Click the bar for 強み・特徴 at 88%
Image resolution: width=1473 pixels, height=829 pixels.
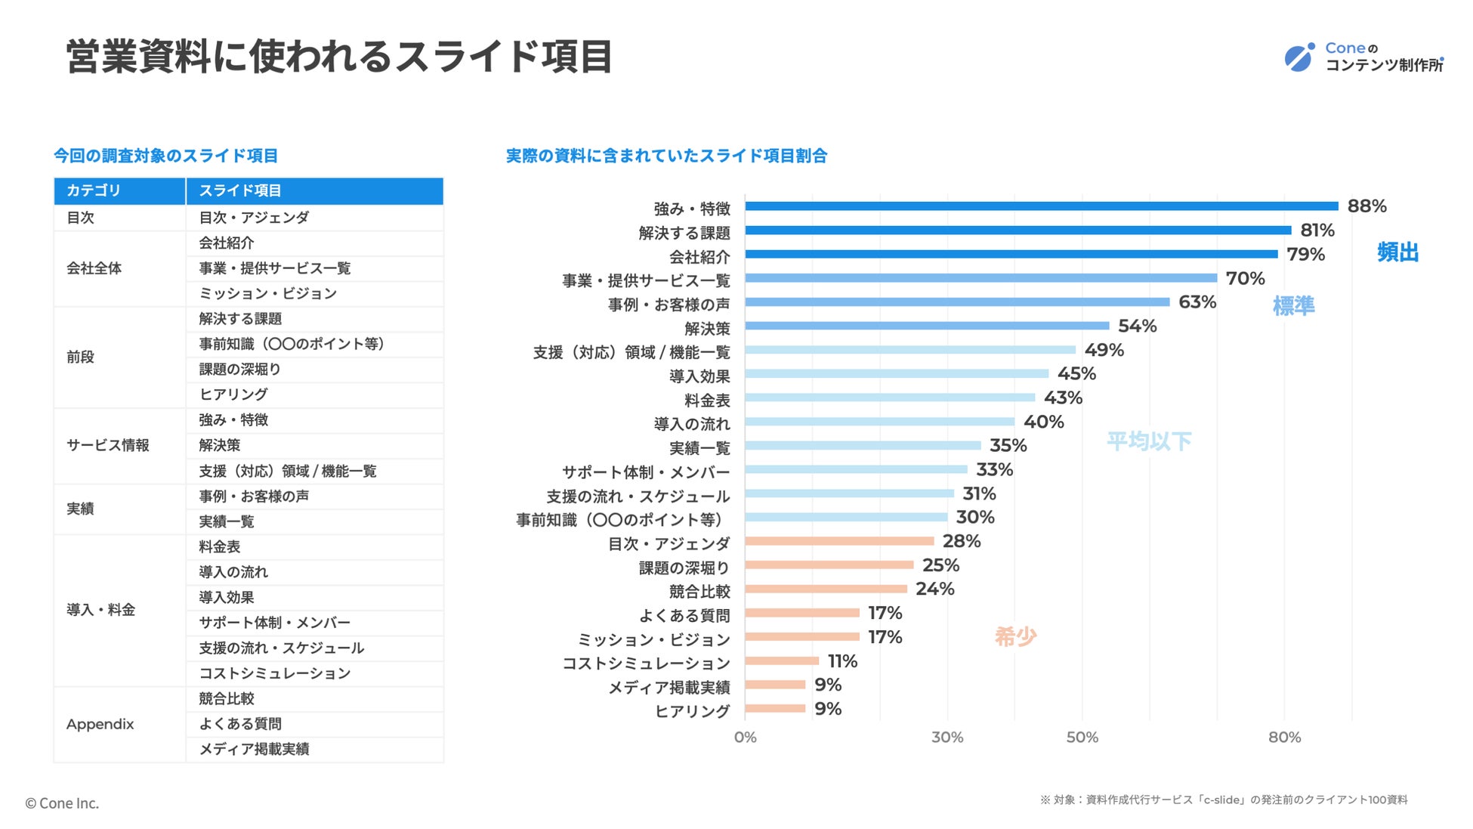(1041, 206)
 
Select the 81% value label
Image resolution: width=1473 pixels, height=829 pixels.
(1317, 230)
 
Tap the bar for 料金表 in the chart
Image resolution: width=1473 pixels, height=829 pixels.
(890, 397)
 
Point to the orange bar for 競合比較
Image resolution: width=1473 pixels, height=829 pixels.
(826, 589)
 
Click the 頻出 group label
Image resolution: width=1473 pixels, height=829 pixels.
(1397, 252)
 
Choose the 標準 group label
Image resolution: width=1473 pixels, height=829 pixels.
(1293, 306)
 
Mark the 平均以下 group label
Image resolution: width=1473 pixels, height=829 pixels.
(1148, 441)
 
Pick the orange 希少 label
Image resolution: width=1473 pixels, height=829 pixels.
(1015, 637)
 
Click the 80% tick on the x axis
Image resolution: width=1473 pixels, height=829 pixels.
(1284, 738)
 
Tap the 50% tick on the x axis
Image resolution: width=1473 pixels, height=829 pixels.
(1082, 738)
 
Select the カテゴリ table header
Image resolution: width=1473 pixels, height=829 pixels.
(94, 190)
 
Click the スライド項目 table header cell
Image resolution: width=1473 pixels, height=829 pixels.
(239, 190)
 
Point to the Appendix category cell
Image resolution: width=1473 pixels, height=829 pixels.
(100, 724)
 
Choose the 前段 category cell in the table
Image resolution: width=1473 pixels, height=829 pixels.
(80, 357)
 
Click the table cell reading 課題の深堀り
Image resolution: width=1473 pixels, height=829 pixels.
(239, 370)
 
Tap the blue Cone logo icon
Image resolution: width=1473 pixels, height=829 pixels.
(1299, 57)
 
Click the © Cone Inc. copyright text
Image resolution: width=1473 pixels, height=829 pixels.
(62, 803)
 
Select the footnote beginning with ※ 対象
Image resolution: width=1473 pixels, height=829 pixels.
(1224, 800)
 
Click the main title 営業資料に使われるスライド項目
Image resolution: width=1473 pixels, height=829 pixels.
(339, 57)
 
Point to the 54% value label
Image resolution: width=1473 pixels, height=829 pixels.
(1137, 326)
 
